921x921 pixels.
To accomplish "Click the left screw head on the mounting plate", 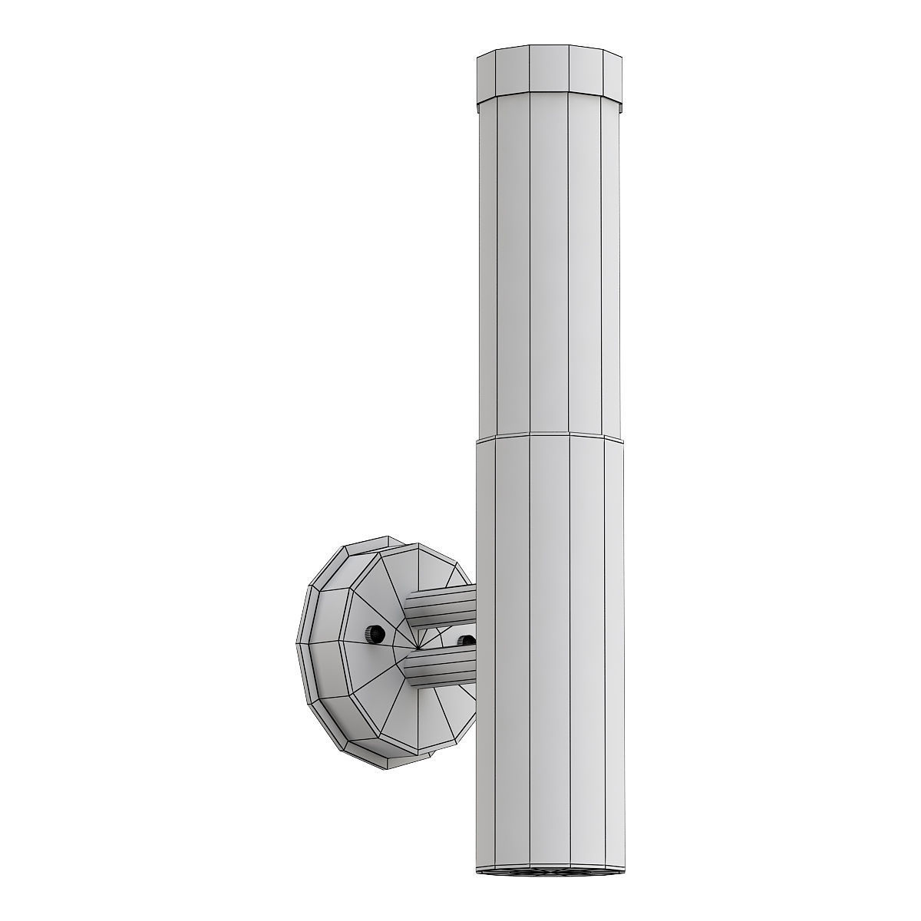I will tap(373, 634).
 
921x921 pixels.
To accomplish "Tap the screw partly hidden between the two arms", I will tap(465, 640).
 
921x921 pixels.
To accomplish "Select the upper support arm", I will tap(441, 606).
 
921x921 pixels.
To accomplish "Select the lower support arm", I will tap(442, 665).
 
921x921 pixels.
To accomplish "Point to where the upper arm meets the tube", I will tap(475, 602).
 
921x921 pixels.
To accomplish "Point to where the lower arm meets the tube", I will tap(475, 662).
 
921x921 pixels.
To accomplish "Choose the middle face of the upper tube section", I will tap(548, 269).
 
